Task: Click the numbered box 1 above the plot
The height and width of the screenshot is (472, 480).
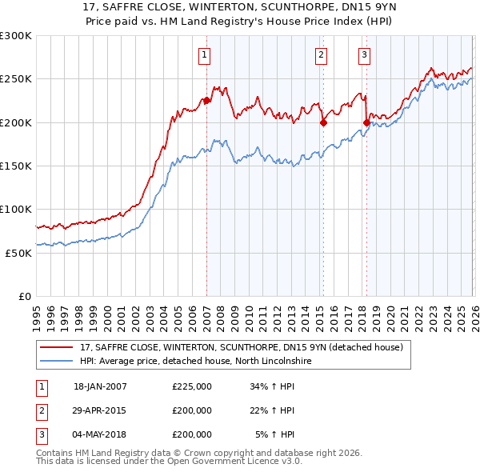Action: click(205, 55)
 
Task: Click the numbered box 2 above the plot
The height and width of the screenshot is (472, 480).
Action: click(321, 55)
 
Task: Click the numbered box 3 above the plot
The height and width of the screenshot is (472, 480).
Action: click(364, 55)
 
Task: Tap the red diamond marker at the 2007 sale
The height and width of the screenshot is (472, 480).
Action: click(206, 101)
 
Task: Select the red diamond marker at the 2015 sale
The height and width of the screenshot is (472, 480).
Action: click(323, 122)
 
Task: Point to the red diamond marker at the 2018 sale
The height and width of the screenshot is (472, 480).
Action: click(366, 122)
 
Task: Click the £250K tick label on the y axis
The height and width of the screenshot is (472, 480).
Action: click(16, 79)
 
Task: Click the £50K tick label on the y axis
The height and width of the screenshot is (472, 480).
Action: click(18, 253)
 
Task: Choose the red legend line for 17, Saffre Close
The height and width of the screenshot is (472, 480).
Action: click(58, 347)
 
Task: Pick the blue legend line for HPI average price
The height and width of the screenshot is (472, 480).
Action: click(58, 361)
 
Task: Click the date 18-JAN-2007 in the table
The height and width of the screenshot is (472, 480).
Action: click(100, 386)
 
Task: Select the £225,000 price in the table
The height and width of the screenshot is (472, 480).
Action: click(191, 386)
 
